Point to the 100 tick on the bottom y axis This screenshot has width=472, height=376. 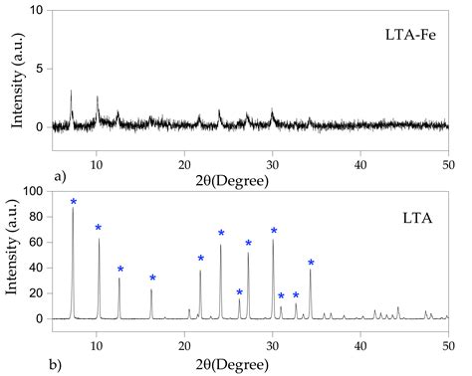(38, 190)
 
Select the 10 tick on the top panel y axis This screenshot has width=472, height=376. (41, 10)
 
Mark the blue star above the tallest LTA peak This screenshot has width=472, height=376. (74, 202)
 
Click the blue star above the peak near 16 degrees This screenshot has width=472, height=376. (152, 278)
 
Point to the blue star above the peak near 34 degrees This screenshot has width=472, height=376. (311, 263)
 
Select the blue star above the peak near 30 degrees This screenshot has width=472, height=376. (274, 231)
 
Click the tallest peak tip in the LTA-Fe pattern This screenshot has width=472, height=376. (72, 91)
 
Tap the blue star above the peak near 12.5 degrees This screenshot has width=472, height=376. (120, 269)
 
